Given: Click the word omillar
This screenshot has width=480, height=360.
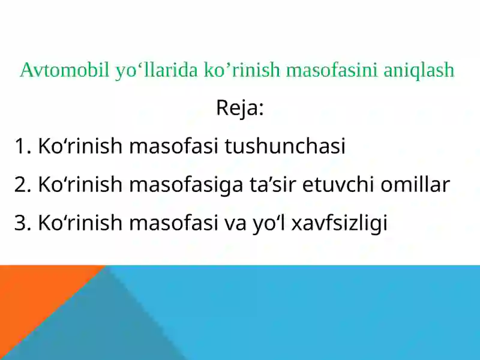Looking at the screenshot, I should (415, 185).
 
